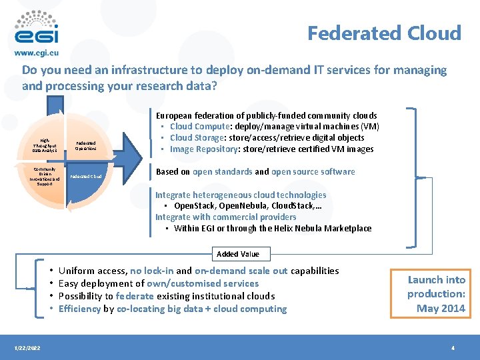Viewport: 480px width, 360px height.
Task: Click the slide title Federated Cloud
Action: tap(384, 33)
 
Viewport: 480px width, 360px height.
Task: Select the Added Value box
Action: tap(237, 254)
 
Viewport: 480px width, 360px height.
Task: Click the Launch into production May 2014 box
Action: tap(436, 293)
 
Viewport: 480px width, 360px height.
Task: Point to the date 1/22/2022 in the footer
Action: tap(27, 348)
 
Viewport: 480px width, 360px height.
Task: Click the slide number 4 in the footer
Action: tap(453, 348)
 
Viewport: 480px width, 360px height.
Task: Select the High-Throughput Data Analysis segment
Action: tap(45, 146)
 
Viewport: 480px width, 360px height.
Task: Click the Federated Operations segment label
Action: tap(85, 145)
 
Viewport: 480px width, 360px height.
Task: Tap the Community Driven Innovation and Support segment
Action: tap(45, 176)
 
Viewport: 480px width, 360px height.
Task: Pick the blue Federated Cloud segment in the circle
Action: tap(87, 177)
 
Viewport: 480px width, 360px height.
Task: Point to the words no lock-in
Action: tap(151, 271)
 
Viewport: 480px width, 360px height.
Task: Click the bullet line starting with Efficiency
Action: tap(172, 309)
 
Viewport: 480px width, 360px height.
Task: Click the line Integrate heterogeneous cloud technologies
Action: tap(241, 195)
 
